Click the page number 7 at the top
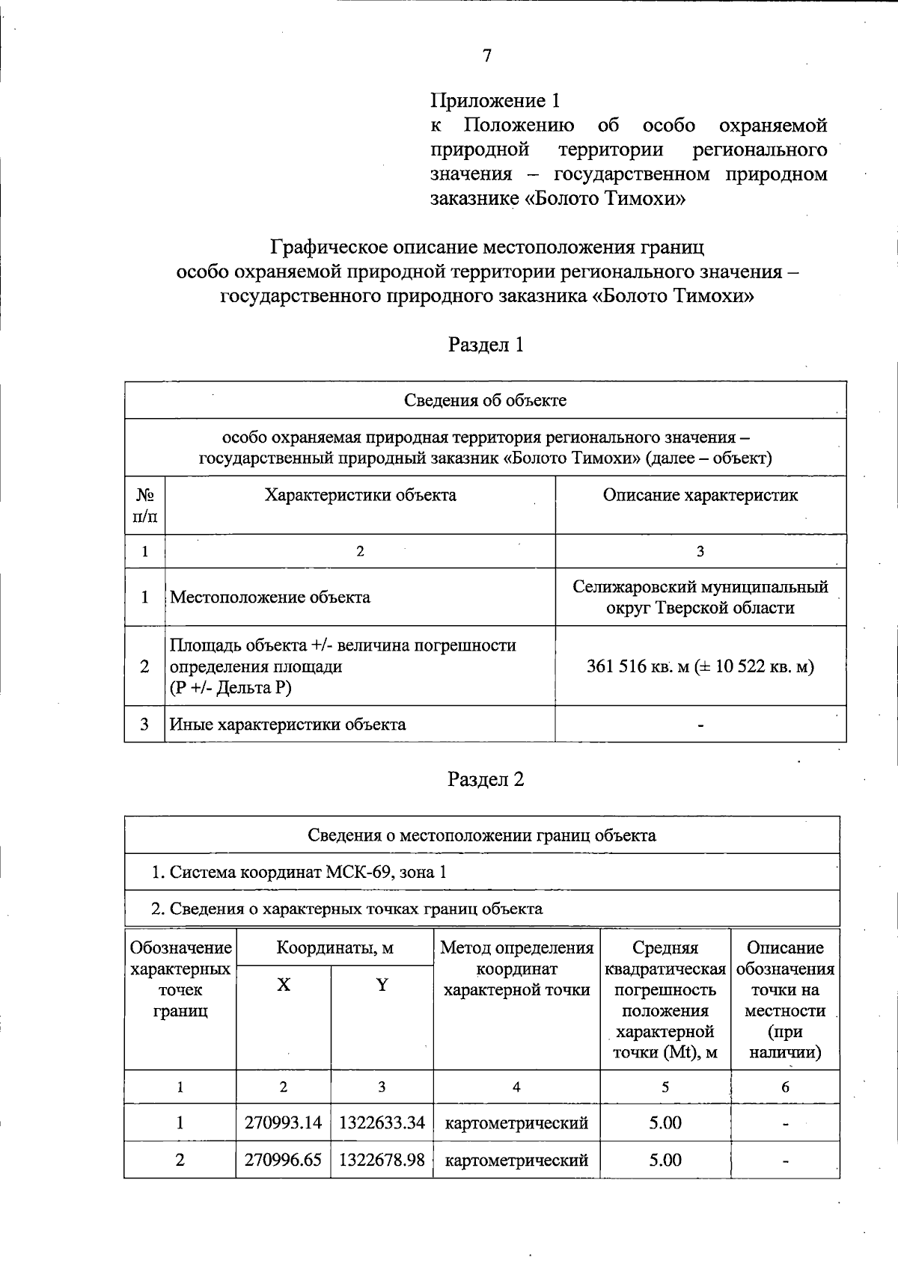[x=487, y=55]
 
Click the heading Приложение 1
[x=495, y=100]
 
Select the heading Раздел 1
[x=486, y=345]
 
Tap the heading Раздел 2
[x=486, y=780]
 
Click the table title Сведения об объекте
[x=485, y=400]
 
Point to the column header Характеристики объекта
[x=360, y=495]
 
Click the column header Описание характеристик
[x=700, y=495]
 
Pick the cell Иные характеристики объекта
[x=288, y=725]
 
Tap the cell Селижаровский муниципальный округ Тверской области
[x=700, y=597]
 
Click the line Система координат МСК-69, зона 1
[x=299, y=872]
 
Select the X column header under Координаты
[x=283, y=985]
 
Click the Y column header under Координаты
[x=382, y=985]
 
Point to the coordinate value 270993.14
[x=283, y=1123]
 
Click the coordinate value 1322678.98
[x=382, y=1160]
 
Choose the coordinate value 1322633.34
[x=382, y=1123]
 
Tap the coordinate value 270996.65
[x=283, y=1160]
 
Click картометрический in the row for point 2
[x=516, y=1161]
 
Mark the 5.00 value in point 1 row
[x=665, y=1123]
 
